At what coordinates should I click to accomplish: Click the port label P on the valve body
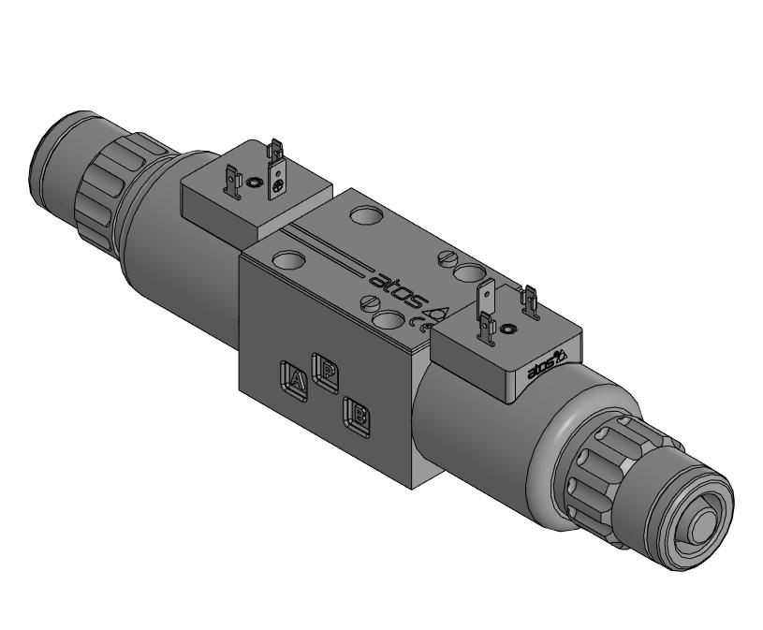326,371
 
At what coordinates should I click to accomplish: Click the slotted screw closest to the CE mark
372,303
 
